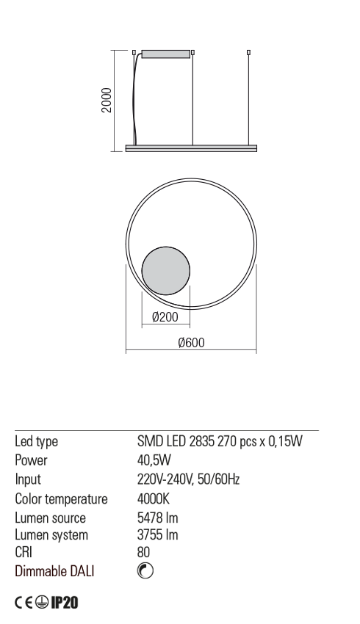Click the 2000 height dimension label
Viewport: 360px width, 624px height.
coord(107,101)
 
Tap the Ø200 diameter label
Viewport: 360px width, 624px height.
coord(165,317)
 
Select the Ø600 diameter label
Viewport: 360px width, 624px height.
coord(192,342)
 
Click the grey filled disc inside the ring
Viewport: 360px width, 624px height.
coord(165,271)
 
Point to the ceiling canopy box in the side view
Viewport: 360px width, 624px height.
coord(165,54)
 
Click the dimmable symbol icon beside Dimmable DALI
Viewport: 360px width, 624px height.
coord(145,570)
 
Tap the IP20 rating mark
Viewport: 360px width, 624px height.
coord(65,603)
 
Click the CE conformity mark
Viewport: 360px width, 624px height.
coord(24,603)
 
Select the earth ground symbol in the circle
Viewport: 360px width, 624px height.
coord(42,603)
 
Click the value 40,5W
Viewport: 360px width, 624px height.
coord(154,460)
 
